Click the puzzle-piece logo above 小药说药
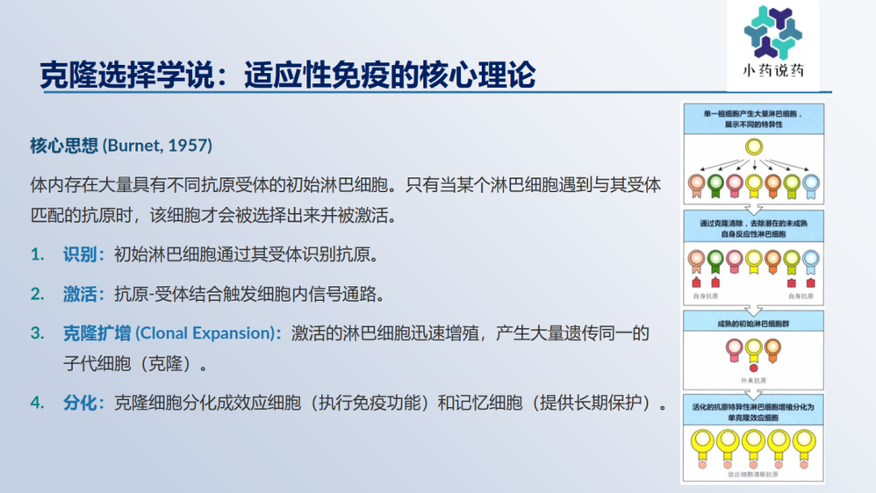pos(772,32)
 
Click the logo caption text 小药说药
pos(772,72)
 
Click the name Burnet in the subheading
pos(134,144)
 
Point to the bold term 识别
pos(80,254)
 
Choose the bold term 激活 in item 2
pos(80,294)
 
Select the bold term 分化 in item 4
pos(80,403)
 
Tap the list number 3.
pos(37,333)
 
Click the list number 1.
pos(37,254)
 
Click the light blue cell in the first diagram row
pos(810,183)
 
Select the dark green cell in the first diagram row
pos(715,183)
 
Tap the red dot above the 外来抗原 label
pos(753,368)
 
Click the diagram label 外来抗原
pos(753,380)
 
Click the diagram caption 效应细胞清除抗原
pos(753,475)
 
